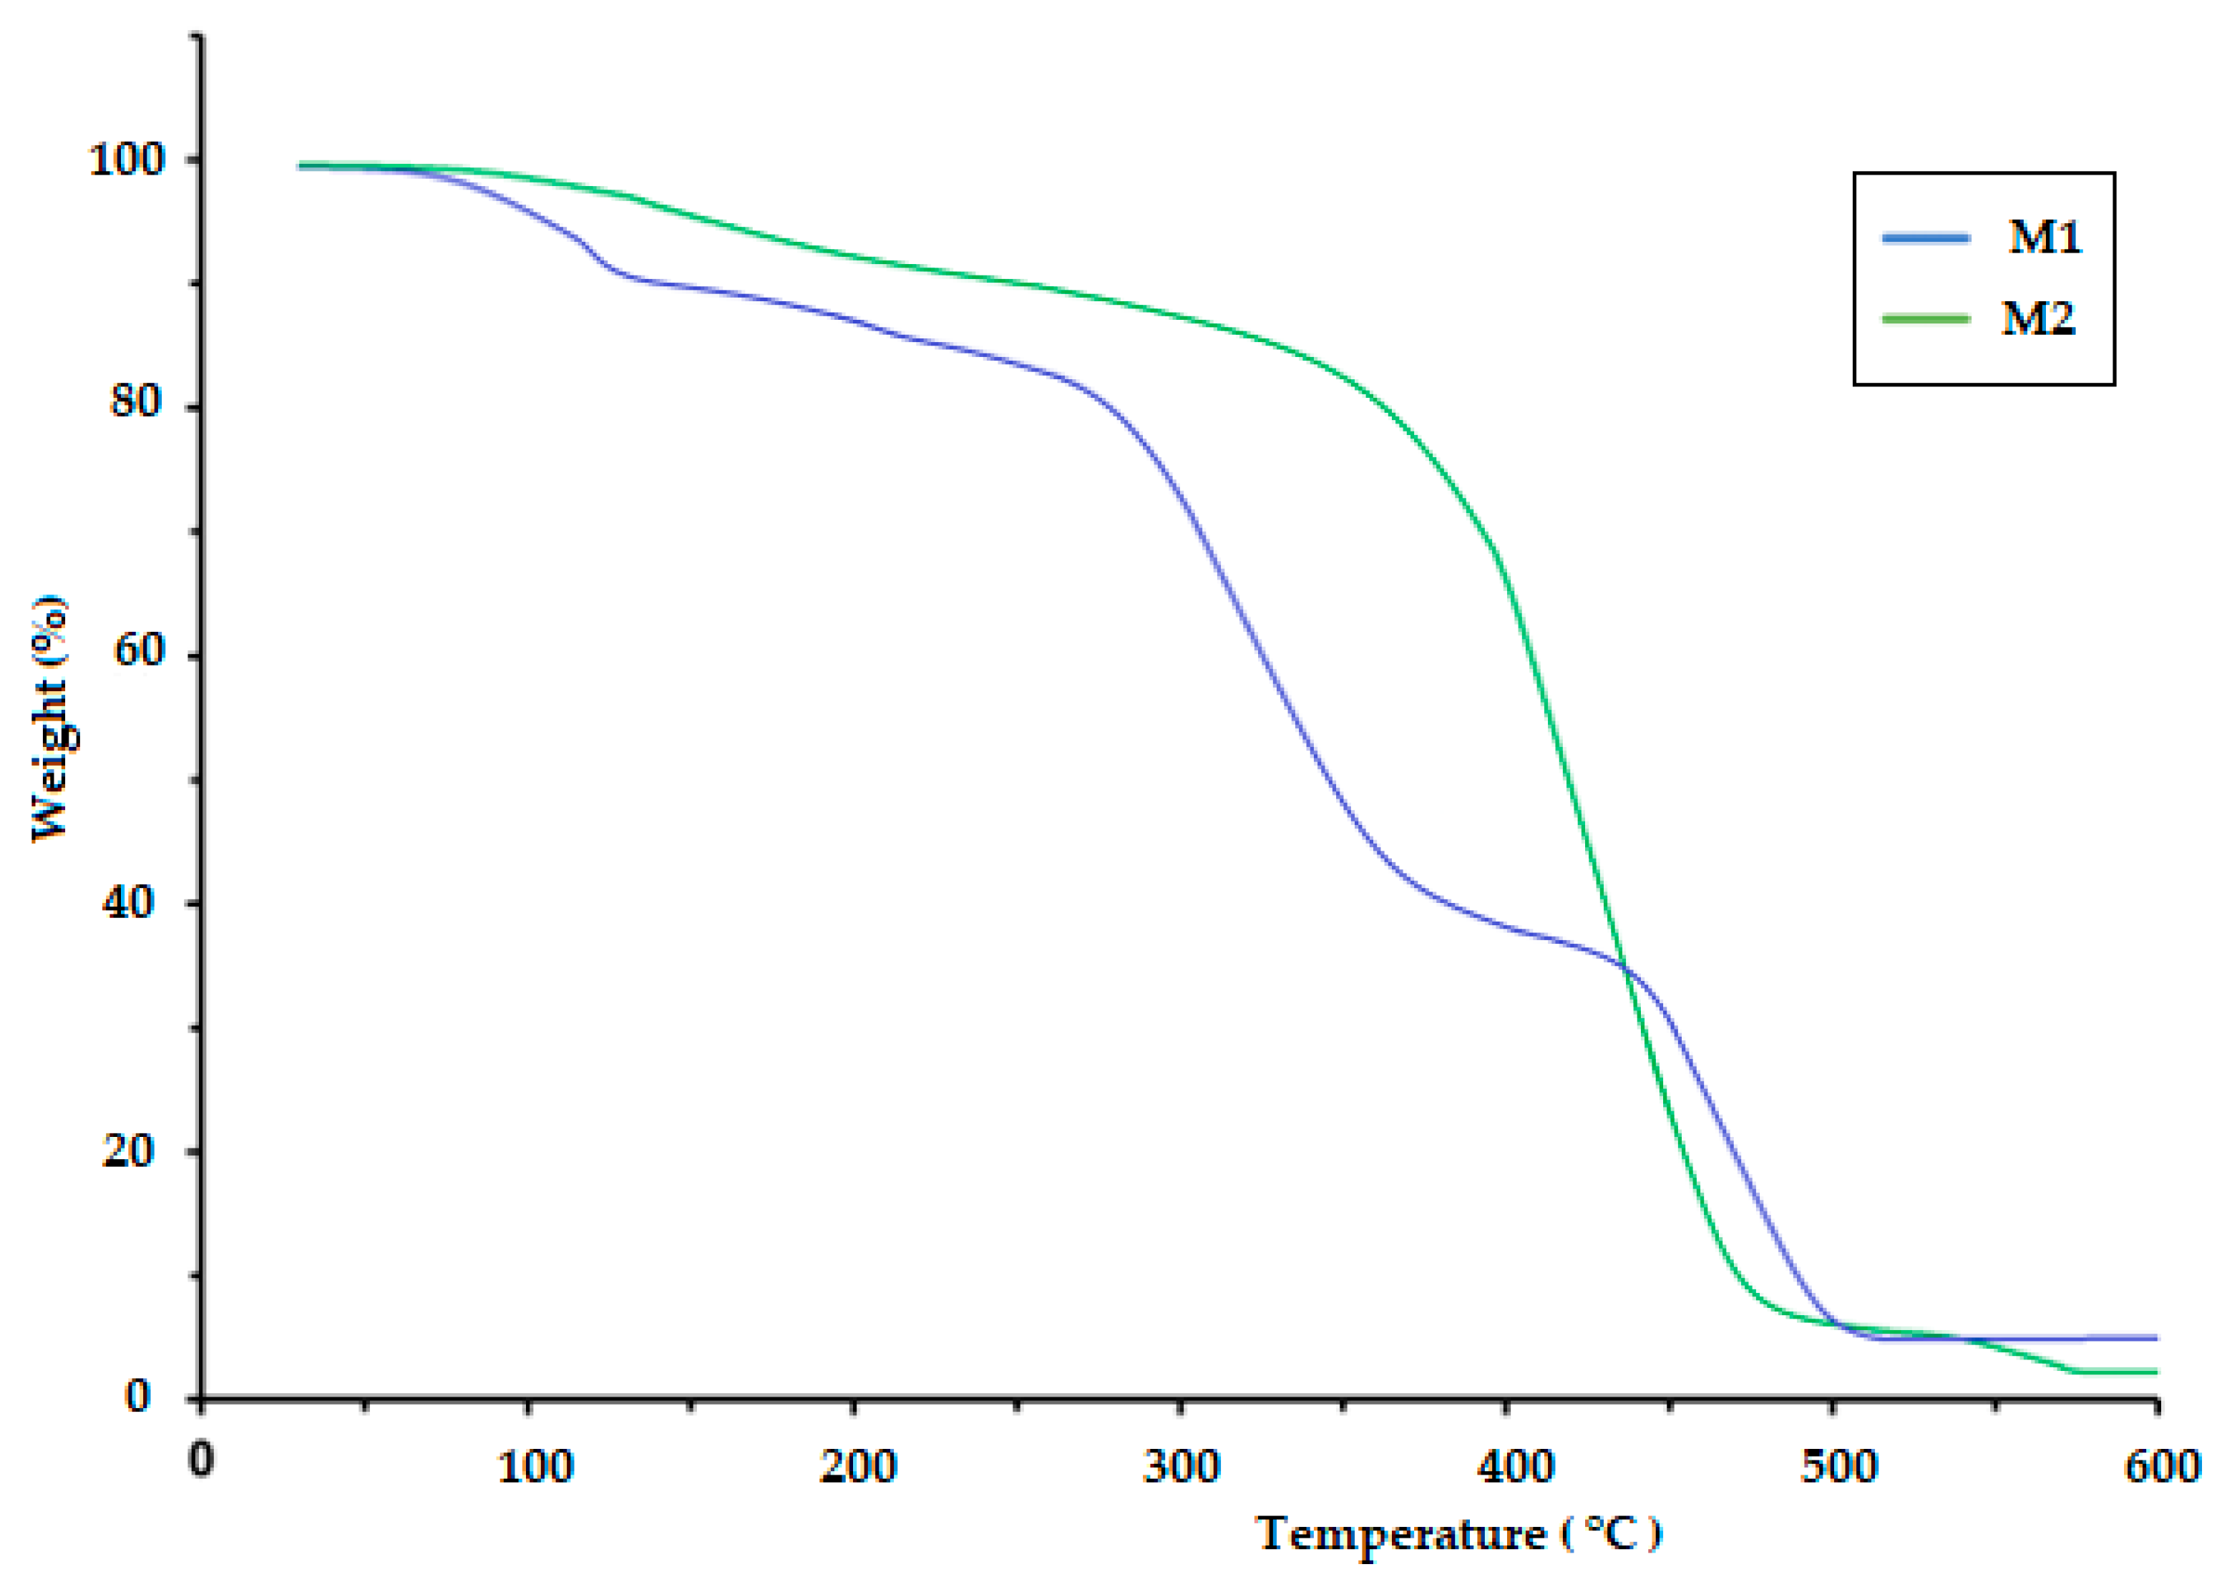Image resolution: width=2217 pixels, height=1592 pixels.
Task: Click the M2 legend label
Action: pyautogui.click(x=2038, y=318)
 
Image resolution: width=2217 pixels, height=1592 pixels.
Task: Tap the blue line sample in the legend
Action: pyautogui.click(x=1926, y=238)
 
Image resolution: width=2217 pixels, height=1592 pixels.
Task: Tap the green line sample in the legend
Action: pyautogui.click(x=1926, y=318)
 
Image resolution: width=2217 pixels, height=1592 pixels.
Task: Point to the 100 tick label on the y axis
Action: pyautogui.click(x=127, y=160)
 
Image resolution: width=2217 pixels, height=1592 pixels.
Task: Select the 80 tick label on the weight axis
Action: pyautogui.click(x=135, y=400)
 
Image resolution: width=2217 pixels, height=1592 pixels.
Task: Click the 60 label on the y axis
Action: pyautogui.click(x=137, y=650)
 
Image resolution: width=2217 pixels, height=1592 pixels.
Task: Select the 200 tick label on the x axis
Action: pyautogui.click(x=857, y=1467)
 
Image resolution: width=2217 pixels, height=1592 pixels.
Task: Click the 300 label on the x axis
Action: pyautogui.click(x=1181, y=1467)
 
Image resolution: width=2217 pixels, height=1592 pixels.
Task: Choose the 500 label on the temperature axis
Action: pyautogui.click(x=1838, y=1467)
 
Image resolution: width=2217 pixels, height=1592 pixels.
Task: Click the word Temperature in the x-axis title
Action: pyautogui.click(x=1400, y=1533)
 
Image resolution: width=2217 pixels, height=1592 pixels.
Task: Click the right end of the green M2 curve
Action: pyautogui.click(x=2155, y=1372)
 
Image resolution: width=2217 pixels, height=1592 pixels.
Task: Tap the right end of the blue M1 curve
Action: pyautogui.click(x=2155, y=1338)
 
